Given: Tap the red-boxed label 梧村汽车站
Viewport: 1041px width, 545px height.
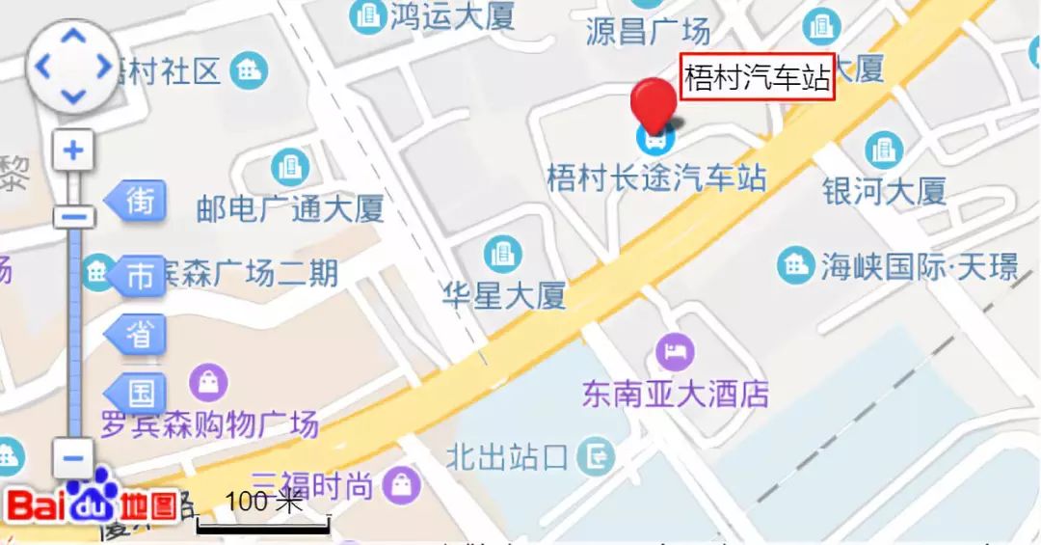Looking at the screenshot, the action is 757,77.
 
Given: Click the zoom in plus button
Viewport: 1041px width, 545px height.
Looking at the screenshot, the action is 73,150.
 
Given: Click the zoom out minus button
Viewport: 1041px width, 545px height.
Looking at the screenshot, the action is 73,456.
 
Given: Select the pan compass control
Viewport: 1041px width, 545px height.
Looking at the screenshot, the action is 73,68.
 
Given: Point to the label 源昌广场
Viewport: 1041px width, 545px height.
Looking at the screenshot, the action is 648,31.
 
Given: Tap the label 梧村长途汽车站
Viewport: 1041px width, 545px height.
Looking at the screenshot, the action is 656,178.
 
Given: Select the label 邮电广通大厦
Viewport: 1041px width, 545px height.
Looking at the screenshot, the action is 290,208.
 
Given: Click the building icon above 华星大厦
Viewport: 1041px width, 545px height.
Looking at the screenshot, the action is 501,254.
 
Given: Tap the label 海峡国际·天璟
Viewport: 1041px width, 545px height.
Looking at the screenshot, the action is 919,266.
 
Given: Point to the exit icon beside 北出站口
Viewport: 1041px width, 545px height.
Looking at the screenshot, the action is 600,455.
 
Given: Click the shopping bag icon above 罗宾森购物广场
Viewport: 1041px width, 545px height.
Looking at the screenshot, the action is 208,383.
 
